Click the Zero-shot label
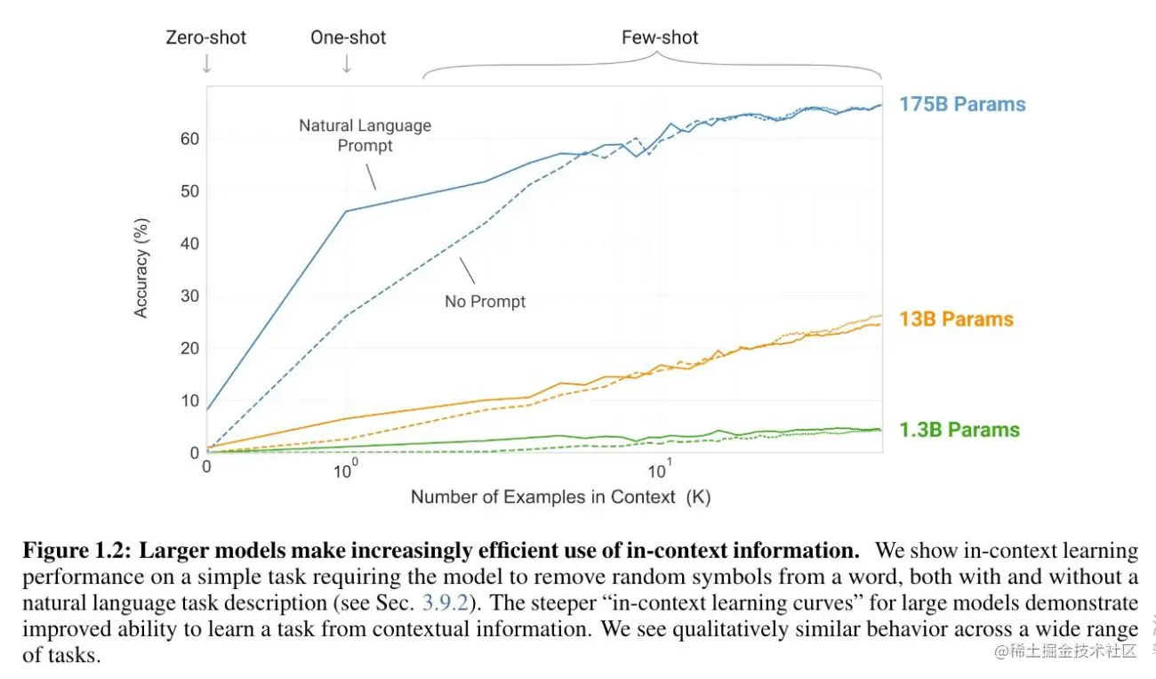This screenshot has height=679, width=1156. click(206, 37)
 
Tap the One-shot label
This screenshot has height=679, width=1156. click(348, 37)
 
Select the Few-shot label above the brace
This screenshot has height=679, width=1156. click(660, 37)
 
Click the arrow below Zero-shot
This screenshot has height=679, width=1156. click(206, 64)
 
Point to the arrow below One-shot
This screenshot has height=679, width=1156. click(347, 64)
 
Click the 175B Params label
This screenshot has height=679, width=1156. click(962, 104)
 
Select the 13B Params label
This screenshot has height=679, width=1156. click(956, 319)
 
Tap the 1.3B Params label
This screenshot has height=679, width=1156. click(959, 430)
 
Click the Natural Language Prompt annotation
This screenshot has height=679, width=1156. click(365, 135)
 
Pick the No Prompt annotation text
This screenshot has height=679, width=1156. click(485, 302)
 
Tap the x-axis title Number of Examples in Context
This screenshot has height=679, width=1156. click(560, 497)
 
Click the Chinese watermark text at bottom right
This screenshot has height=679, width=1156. click(1066, 651)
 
